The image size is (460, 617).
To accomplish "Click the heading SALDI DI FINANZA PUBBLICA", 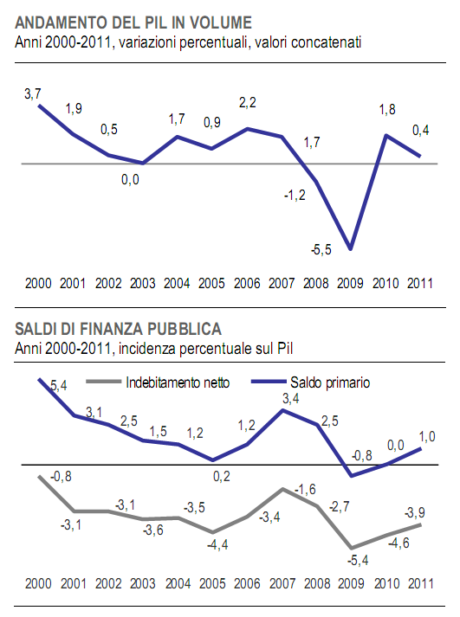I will coord(118,329).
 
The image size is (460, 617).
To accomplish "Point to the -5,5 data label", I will coord(321,250).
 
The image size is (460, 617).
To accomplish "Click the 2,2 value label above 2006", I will coord(248,103).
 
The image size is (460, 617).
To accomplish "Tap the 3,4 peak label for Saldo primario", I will coord(282,398).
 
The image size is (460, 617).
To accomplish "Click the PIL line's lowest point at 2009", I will coord(350,248).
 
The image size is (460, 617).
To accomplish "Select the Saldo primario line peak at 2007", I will coord(282,409).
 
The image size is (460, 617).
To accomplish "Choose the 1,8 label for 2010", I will coord(389,109).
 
